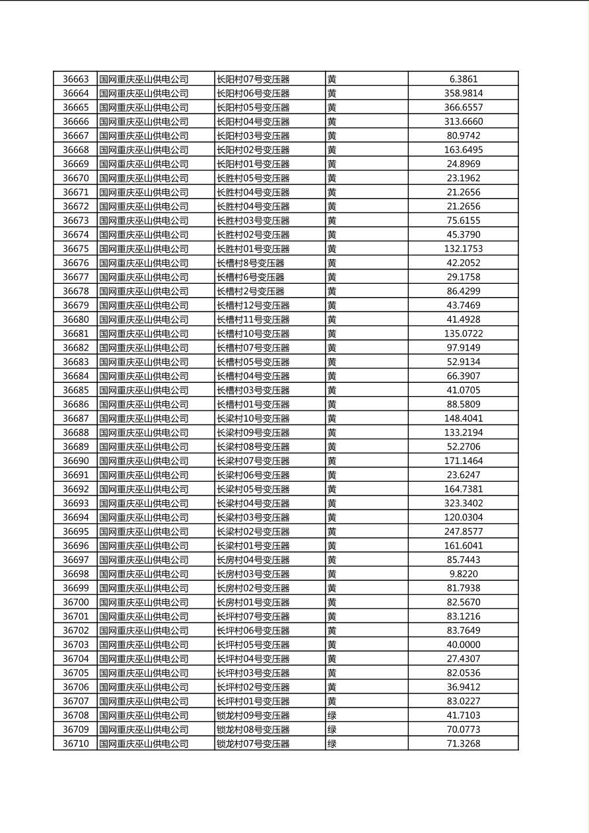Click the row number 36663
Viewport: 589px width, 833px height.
coord(75,79)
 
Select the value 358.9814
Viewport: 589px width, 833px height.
coord(463,93)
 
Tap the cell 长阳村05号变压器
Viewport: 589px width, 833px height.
coord(253,108)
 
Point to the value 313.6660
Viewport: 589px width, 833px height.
coord(463,121)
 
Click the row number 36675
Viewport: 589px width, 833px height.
coord(75,249)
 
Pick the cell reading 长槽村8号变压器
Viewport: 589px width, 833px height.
coord(250,263)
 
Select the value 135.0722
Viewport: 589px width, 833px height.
coord(463,333)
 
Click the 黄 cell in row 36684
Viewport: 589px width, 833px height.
coord(331,376)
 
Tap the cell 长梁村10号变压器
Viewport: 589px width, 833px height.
coord(253,418)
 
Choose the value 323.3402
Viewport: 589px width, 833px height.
coord(463,503)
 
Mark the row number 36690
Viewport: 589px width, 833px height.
coord(75,461)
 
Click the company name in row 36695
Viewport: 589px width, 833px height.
coord(143,531)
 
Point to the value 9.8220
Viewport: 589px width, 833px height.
coord(463,574)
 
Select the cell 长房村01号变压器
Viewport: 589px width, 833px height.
coord(253,602)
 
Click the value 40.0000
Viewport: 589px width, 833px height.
coord(463,644)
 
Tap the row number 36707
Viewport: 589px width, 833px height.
coord(75,701)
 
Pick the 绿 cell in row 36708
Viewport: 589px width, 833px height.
coord(331,716)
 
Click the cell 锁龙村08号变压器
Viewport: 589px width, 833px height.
coord(253,729)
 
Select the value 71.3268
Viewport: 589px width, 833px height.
coord(463,744)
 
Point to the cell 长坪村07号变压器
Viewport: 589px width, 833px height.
coord(253,616)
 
